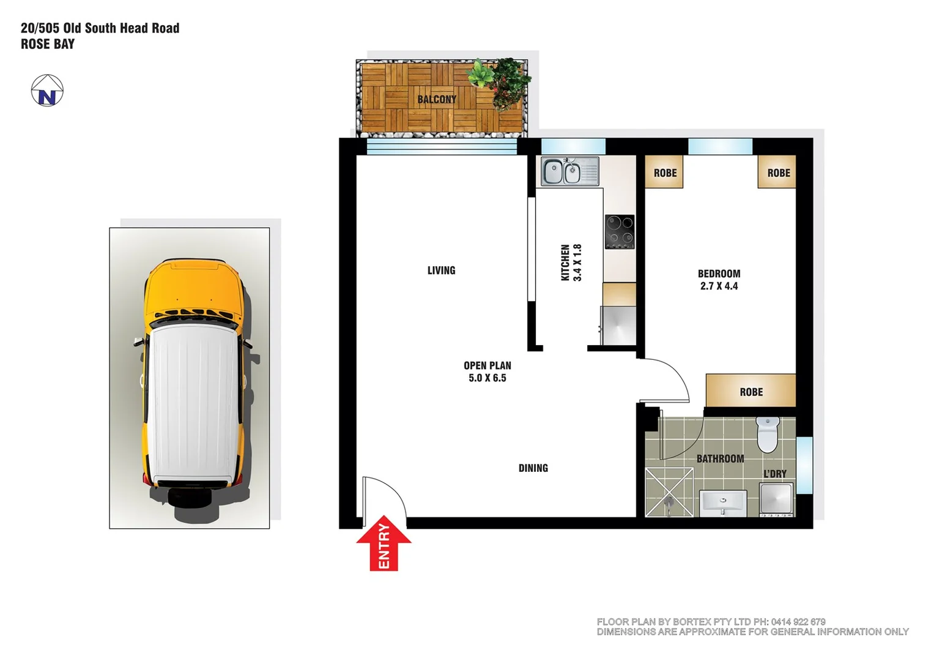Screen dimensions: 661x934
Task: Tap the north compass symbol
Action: tap(47, 91)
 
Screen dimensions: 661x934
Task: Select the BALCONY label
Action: tap(437, 99)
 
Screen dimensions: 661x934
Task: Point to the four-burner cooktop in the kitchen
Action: tap(620, 232)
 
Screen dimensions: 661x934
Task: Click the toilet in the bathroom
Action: tap(767, 434)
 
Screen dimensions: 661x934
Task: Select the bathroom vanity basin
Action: tap(722, 502)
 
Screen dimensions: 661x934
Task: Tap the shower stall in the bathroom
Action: tap(669, 492)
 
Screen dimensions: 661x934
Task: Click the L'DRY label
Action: tap(774, 474)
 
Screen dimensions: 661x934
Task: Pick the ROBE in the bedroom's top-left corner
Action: tap(665, 173)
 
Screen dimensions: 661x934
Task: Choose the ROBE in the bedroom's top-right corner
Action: tap(778, 173)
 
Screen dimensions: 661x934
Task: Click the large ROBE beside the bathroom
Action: tap(751, 392)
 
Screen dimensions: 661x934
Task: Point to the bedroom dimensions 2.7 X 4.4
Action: tap(719, 286)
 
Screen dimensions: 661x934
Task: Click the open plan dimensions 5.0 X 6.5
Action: tap(487, 378)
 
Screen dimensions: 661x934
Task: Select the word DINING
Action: tap(533, 468)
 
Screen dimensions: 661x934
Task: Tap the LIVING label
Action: tap(441, 271)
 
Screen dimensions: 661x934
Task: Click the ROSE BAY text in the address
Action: tap(48, 44)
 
